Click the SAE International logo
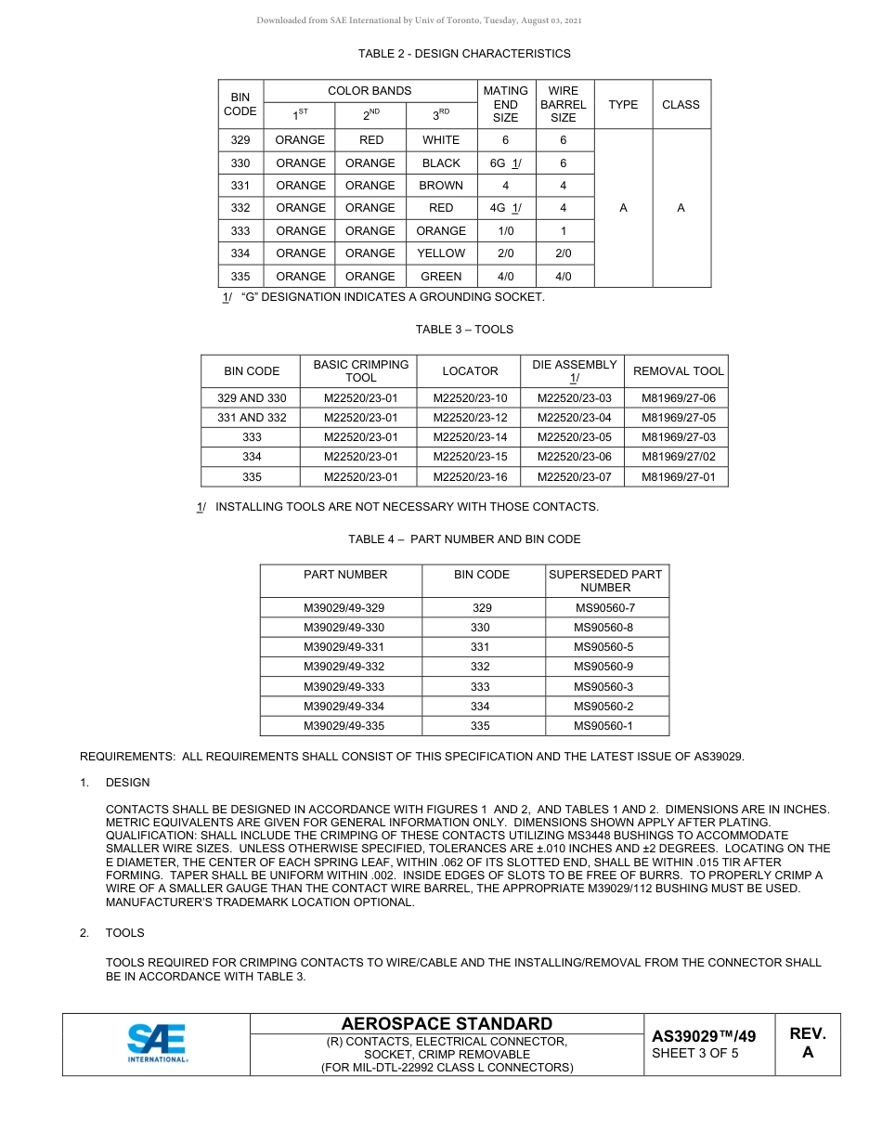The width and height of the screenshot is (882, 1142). [158, 1044]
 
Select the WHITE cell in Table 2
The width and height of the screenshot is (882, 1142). [441, 140]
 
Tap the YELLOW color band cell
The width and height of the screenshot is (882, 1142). [441, 253]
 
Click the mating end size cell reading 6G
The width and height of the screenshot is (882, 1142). [505, 163]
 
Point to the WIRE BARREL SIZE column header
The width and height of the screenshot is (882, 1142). [563, 104]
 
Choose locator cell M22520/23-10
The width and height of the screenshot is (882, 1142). [470, 398]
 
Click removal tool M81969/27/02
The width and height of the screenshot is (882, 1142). [678, 457]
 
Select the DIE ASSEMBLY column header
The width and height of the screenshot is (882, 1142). [574, 371]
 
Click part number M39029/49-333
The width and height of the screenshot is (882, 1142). [344, 687]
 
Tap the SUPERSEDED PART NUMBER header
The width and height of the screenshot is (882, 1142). [605, 580]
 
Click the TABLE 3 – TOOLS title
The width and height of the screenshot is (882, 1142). [464, 330]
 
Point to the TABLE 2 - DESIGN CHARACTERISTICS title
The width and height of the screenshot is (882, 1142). [464, 54]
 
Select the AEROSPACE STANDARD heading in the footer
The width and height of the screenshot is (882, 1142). [447, 1024]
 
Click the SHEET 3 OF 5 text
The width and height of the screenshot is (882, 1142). [695, 1053]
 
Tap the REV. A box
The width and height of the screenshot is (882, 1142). [807, 1044]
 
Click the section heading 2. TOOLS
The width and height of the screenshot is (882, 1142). [124, 933]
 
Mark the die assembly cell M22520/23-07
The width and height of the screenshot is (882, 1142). [574, 477]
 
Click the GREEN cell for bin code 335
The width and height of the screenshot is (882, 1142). [441, 277]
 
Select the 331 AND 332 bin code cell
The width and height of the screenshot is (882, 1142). [252, 418]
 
